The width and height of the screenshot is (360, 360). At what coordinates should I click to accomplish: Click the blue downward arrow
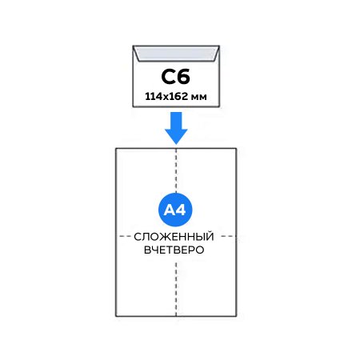(x=176, y=128)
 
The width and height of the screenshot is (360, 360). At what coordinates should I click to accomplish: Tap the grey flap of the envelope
(x=176, y=53)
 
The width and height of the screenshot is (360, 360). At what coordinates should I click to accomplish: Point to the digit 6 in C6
(x=183, y=77)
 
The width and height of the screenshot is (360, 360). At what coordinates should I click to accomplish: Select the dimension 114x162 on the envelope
(x=166, y=96)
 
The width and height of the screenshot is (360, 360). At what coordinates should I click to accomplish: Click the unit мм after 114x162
(x=199, y=98)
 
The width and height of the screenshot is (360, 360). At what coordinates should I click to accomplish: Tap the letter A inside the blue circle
(x=170, y=210)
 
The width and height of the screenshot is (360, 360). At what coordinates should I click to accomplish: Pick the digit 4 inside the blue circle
(x=181, y=210)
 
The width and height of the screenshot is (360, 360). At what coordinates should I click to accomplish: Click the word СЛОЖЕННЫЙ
(x=174, y=237)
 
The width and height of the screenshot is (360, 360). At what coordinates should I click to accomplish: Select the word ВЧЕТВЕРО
(x=174, y=250)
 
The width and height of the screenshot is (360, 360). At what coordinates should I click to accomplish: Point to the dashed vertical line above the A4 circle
(x=176, y=170)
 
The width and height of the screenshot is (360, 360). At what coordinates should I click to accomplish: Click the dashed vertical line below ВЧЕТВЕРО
(x=176, y=289)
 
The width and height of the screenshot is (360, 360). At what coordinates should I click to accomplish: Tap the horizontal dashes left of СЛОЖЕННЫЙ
(x=125, y=236)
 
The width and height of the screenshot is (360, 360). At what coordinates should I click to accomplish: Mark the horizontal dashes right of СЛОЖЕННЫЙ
(x=227, y=236)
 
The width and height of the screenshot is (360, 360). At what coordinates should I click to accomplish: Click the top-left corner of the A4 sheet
(x=116, y=148)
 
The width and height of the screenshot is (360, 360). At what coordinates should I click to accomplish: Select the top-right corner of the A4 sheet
(x=236, y=148)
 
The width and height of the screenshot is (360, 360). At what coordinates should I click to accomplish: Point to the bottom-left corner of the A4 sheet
(x=116, y=316)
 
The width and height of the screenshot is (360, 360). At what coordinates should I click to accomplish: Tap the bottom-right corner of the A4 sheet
(x=236, y=316)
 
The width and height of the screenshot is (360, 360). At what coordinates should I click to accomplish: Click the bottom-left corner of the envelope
(x=133, y=107)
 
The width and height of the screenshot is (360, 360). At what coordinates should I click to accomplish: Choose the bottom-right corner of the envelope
(x=219, y=107)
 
